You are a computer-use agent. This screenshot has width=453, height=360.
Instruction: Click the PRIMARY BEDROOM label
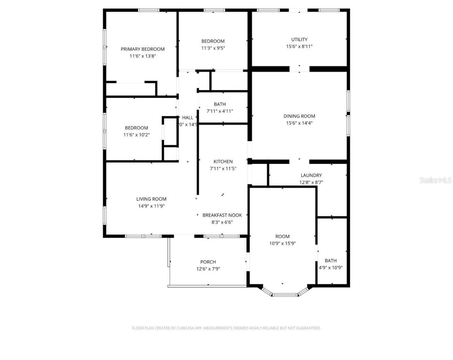click(x=143, y=49)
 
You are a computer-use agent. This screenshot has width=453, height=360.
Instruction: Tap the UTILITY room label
click(x=299, y=40)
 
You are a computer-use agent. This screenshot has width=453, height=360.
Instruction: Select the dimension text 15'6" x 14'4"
click(x=299, y=123)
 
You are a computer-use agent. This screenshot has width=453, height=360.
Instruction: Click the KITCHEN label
click(x=223, y=162)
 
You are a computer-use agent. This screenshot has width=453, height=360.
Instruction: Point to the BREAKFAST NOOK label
click(x=222, y=215)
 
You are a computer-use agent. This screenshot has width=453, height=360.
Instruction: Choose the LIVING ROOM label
click(x=151, y=199)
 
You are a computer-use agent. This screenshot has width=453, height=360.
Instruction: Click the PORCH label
click(x=208, y=262)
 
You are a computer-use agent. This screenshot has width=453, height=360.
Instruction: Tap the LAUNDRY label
click(x=311, y=175)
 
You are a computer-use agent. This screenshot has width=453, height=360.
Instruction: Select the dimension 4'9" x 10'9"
click(x=331, y=268)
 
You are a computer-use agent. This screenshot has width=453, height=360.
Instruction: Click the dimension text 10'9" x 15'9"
click(x=282, y=243)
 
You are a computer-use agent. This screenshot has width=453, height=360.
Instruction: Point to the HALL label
click(x=188, y=118)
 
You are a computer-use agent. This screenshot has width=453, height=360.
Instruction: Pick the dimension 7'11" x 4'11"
click(x=220, y=111)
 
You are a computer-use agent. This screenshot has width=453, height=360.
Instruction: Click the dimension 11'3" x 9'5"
click(x=213, y=48)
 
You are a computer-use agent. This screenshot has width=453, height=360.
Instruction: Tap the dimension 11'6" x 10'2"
click(x=136, y=135)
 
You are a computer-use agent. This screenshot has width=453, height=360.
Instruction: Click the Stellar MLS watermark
click(x=435, y=180)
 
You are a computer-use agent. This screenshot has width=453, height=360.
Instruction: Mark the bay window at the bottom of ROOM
click(x=285, y=294)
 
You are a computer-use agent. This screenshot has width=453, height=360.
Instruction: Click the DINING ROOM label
click(x=299, y=116)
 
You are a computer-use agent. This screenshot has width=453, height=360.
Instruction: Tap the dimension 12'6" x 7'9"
click(x=208, y=269)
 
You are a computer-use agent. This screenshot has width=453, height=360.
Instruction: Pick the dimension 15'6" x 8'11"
click(x=299, y=46)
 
